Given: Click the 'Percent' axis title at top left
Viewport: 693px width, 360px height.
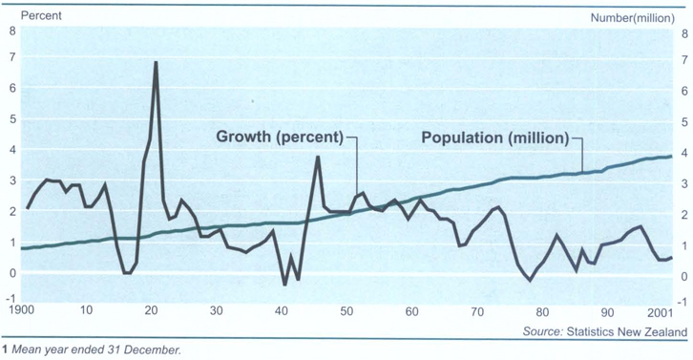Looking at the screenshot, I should click(30, 15).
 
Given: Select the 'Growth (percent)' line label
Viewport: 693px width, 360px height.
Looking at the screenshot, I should click(279, 137).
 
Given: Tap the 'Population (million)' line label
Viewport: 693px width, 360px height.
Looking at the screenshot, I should click(495, 137).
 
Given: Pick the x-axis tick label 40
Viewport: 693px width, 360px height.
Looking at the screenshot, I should click(282, 311).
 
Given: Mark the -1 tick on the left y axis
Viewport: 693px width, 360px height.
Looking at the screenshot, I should click(10, 304).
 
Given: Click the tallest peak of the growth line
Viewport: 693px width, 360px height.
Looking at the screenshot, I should click(155, 62).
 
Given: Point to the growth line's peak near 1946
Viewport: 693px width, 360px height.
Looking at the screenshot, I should click(318, 157).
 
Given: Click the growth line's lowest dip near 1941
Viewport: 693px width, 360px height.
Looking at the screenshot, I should click(284, 285).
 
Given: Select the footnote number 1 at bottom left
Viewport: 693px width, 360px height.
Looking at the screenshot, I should click(4, 350).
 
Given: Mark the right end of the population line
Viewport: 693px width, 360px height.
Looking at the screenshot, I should click(671, 157).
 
